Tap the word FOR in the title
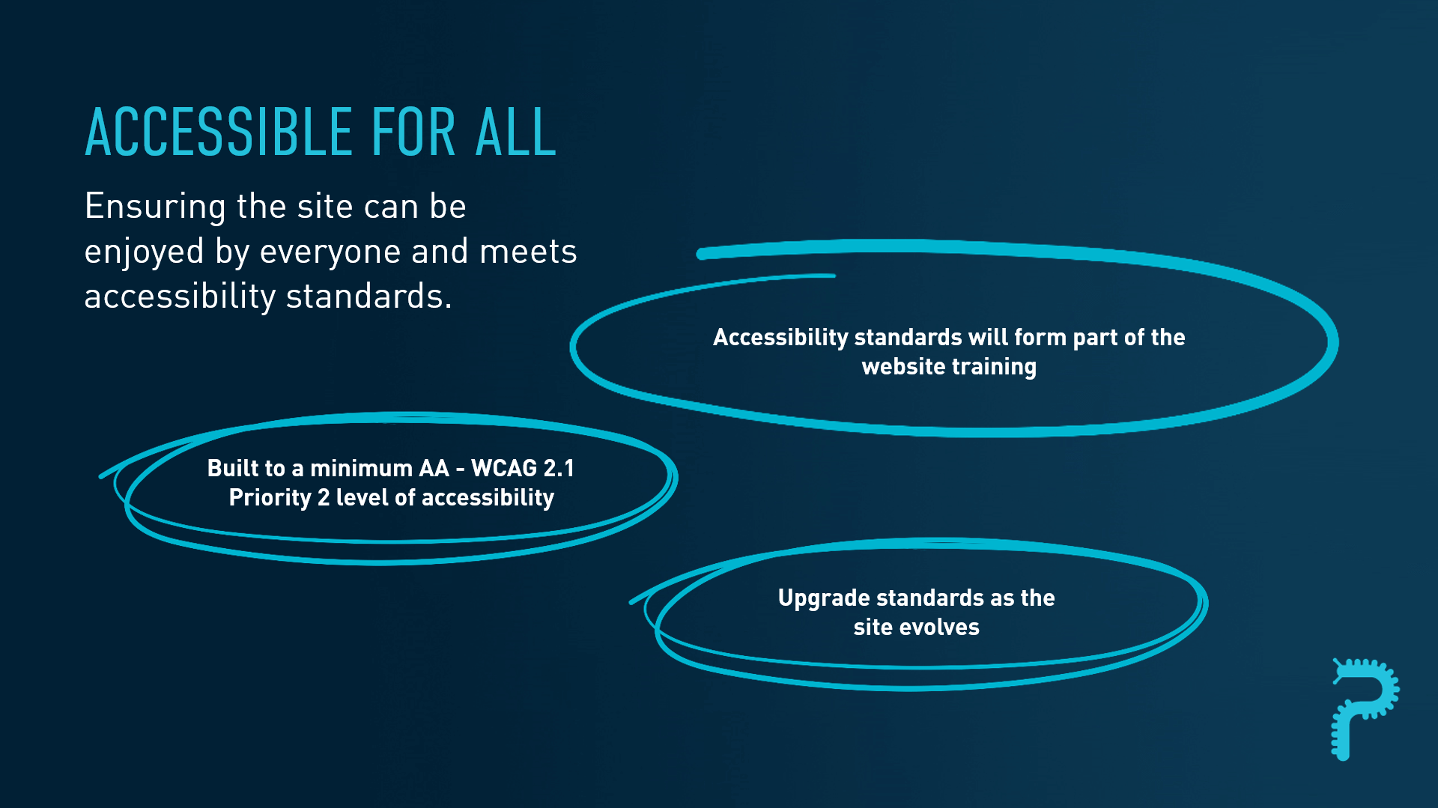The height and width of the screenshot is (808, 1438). click(x=413, y=133)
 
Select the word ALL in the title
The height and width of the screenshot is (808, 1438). click(x=516, y=133)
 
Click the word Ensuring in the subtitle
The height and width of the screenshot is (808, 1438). click(x=155, y=207)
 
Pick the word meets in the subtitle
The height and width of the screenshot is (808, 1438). click(x=528, y=252)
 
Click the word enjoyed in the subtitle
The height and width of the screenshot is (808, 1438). click(x=144, y=252)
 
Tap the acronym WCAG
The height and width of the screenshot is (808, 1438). click(x=504, y=468)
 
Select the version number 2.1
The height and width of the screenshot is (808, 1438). click(x=559, y=468)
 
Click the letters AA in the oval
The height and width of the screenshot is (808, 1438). click(x=434, y=468)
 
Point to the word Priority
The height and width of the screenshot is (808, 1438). click(x=270, y=498)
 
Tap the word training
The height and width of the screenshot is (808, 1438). click(x=994, y=367)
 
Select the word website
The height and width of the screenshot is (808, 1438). click(x=904, y=366)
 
